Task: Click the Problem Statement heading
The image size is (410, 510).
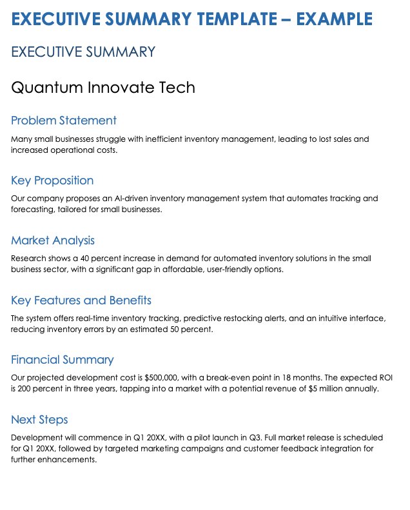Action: [64, 121]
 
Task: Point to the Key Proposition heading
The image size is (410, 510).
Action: [52, 181]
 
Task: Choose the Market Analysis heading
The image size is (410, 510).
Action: [53, 240]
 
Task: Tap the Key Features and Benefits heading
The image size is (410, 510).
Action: [81, 300]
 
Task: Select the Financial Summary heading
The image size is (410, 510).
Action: [63, 360]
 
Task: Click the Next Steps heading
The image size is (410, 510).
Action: [39, 420]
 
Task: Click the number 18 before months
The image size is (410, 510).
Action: [278, 377]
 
